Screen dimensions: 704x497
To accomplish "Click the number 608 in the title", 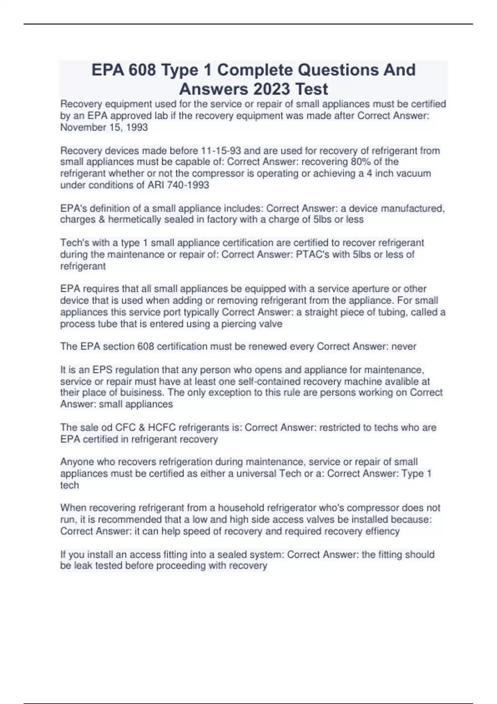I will pos(142,70).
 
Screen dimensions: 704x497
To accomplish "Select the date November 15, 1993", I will pos(104,128).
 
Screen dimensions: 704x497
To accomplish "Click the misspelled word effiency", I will pos(382,531).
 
